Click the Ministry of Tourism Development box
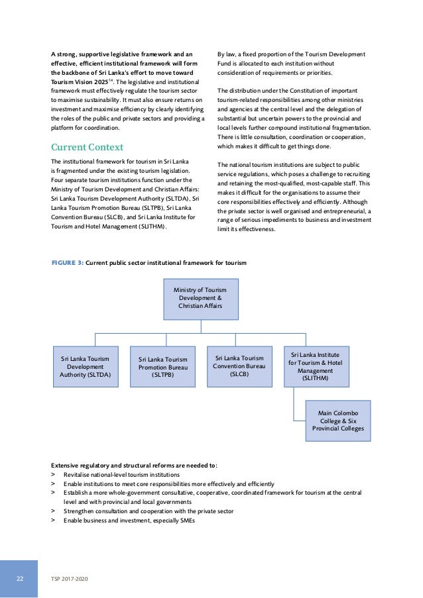(x=200, y=299)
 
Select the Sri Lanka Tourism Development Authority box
(x=86, y=366)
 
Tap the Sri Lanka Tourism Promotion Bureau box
(x=162, y=367)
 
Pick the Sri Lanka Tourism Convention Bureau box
(x=239, y=366)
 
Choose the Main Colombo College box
(x=337, y=420)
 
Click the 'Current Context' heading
(x=87, y=146)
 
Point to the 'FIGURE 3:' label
(x=68, y=263)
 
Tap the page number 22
(x=20, y=578)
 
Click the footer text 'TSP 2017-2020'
(x=69, y=579)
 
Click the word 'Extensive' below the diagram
(x=66, y=465)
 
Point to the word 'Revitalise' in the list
(x=79, y=475)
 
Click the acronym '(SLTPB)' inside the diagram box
(x=162, y=375)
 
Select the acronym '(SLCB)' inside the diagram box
(x=239, y=374)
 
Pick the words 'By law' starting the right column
(x=228, y=54)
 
